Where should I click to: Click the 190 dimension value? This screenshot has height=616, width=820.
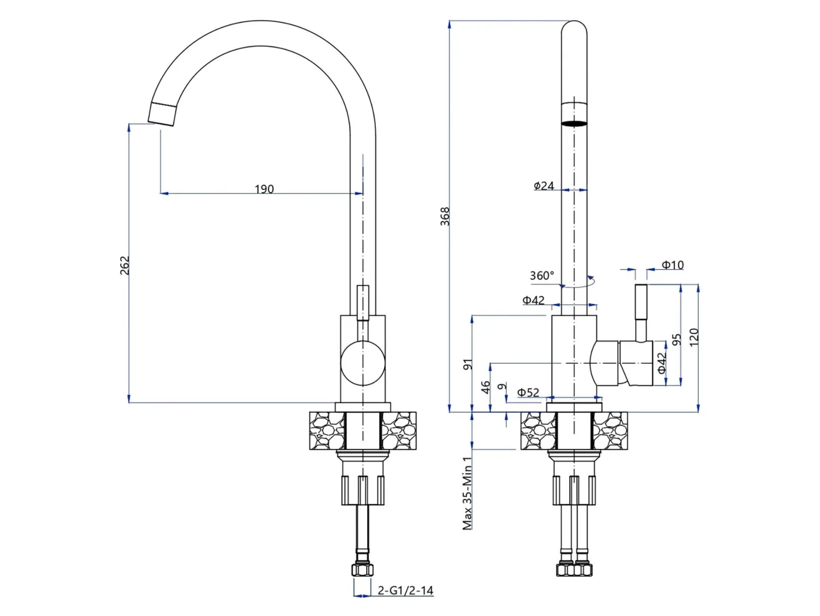pos(264,189)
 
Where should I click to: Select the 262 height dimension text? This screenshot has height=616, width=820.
pos(125,265)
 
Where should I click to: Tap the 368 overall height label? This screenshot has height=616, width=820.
pos(445,216)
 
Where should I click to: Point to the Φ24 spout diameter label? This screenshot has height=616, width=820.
pos(544,185)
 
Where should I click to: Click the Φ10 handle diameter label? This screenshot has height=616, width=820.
pos(672,265)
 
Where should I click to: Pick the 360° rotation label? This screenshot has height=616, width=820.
pos(542,276)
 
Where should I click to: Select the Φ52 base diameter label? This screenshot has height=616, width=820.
pos(528,392)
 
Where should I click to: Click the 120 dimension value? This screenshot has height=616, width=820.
pos(694,338)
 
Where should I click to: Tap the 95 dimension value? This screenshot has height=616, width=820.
pos(676,339)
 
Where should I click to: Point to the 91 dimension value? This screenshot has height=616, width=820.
pos(468,364)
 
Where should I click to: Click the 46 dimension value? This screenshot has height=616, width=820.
pos(485,387)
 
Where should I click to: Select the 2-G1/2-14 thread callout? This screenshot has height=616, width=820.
pos(405,590)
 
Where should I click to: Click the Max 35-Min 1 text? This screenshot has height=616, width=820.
pos(467,493)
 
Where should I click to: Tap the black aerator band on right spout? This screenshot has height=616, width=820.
pos(574,123)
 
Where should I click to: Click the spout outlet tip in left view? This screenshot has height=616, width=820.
pos(161,115)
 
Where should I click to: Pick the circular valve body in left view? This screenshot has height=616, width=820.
pos(362,363)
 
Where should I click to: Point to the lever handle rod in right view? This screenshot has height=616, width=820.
pos(641,313)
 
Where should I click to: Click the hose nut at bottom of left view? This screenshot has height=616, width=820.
pos(362,570)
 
